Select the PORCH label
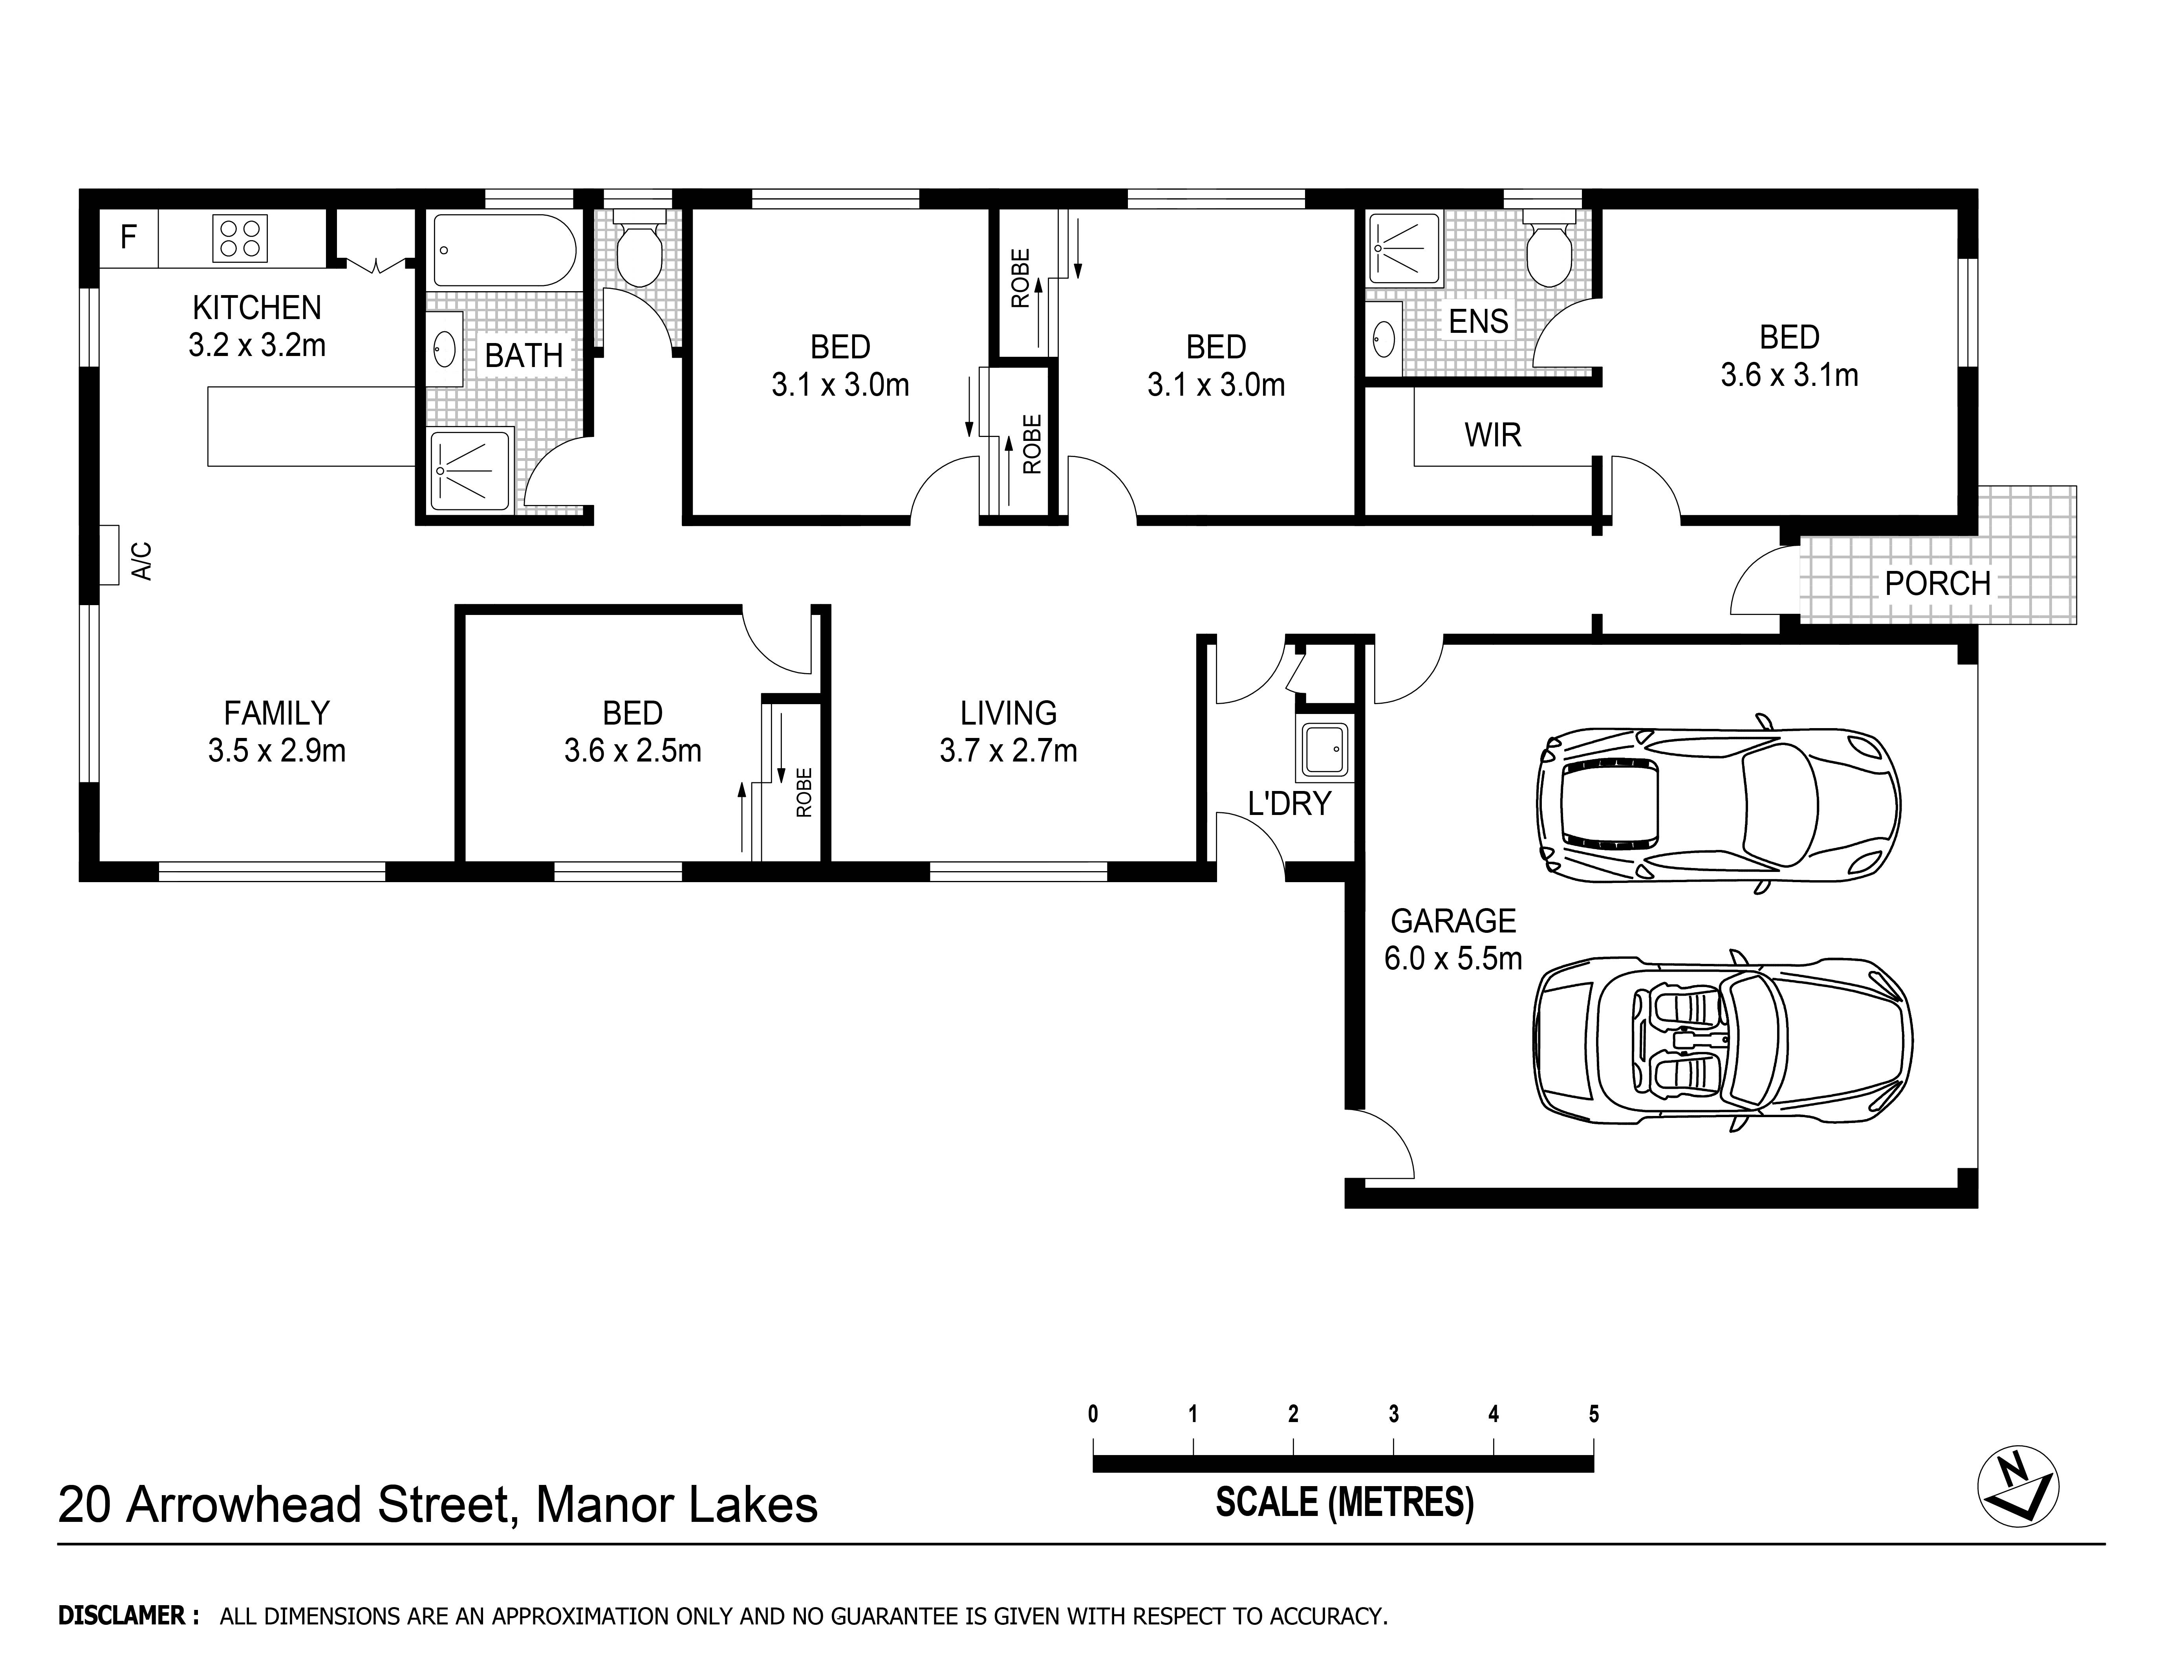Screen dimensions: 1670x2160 point(1937,584)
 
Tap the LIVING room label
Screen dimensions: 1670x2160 point(1008,713)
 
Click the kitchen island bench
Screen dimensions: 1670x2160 point(311,426)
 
